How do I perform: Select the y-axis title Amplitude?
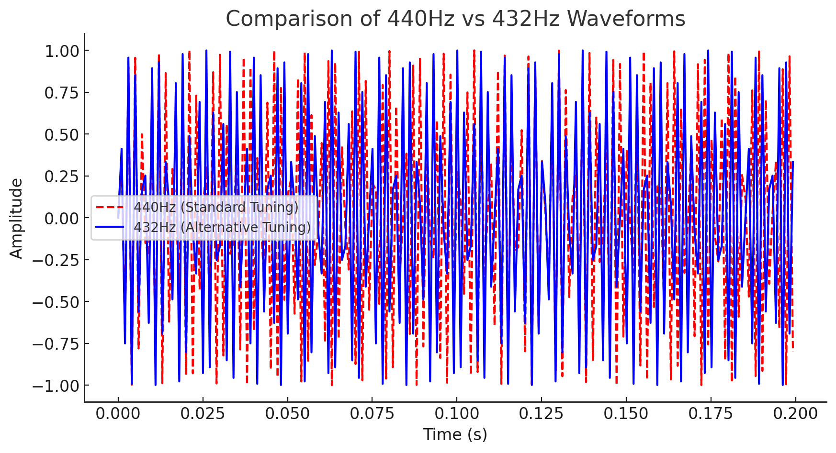[x=17, y=218]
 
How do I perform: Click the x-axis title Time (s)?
[x=455, y=434]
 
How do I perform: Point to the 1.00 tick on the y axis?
[x=64, y=51]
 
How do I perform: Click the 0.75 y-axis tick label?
[x=64, y=93]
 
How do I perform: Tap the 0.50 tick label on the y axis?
[x=64, y=134]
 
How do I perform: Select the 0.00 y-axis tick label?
[x=64, y=218]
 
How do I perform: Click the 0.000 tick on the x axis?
[x=118, y=414]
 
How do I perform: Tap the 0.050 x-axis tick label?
[x=287, y=414]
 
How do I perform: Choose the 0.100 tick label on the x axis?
[x=457, y=414]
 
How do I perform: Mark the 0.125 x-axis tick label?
[x=542, y=414]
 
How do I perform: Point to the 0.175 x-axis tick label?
[x=711, y=414]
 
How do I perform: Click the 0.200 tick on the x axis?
[x=795, y=414]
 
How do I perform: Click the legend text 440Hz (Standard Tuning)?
[x=216, y=208]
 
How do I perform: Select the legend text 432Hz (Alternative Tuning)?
[x=222, y=227]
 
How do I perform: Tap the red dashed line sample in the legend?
[x=110, y=208]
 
